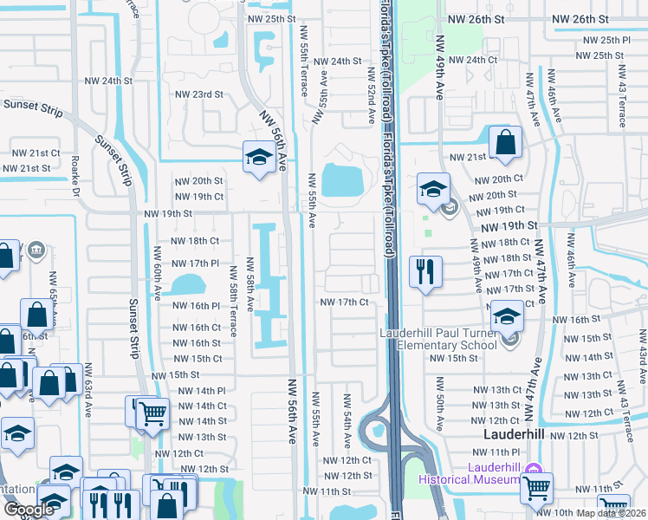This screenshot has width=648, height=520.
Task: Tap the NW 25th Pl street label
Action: [606, 40]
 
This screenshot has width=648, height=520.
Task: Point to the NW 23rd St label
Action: [199, 94]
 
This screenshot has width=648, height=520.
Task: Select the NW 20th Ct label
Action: [501, 179]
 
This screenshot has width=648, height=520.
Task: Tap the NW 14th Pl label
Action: [202, 391]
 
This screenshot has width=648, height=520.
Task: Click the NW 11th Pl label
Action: [496, 452]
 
